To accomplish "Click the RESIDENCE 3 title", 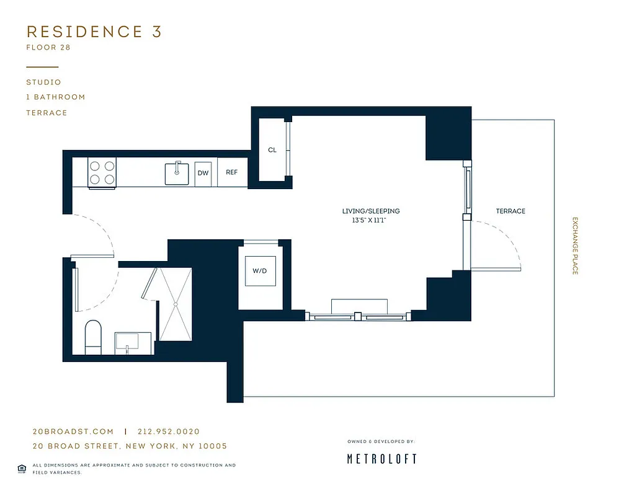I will [x=94, y=32].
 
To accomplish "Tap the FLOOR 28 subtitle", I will [x=48, y=48].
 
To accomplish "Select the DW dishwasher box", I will [x=203, y=174].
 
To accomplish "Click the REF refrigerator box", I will [x=232, y=173].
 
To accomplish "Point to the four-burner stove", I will [x=102, y=173].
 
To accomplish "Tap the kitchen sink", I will [x=177, y=173].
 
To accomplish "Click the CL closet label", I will [x=272, y=150].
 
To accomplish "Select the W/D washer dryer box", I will [x=261, y=271].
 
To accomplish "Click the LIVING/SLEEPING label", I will [x=371, y=211].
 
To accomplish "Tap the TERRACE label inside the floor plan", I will [x=510, y=211].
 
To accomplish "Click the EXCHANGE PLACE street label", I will [x=575, y=246].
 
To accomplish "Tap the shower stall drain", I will [x=176, y=304].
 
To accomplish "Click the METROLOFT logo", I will [x=381, y=459].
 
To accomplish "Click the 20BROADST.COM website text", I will [x=73, y=432].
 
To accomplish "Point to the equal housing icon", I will [x=22, y=468].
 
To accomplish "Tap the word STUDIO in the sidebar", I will [x=43, y=82].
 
